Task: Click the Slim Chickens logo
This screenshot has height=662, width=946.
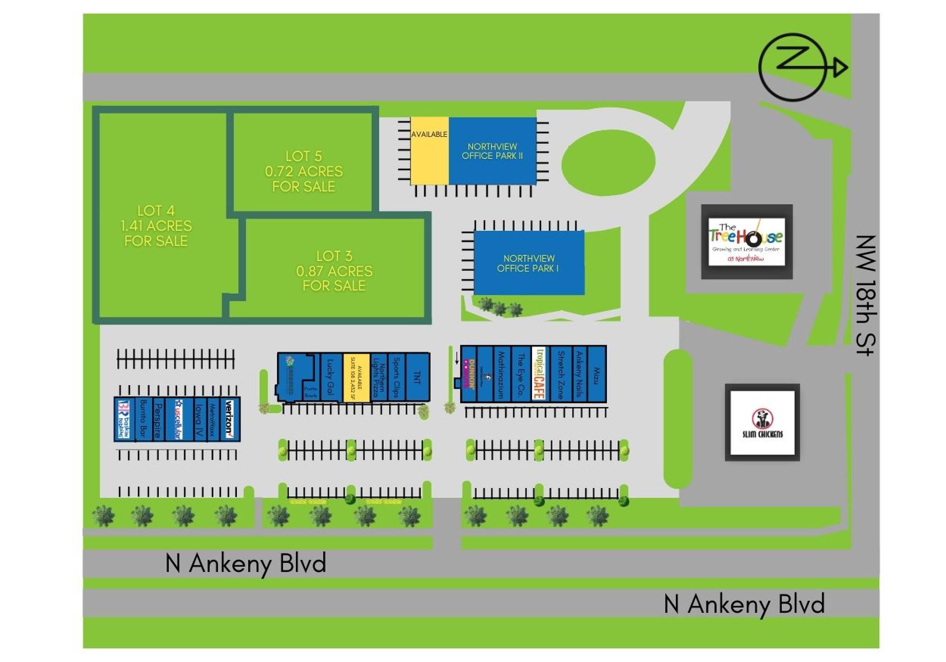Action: point(762,422)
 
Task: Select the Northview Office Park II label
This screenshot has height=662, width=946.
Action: point(492,151)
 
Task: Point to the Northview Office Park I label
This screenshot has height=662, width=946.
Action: point(528,263)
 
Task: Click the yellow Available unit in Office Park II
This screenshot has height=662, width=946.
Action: point(429,151)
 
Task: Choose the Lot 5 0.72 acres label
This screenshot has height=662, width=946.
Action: point(304,171)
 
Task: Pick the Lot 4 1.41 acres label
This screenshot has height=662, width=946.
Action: point(156,226)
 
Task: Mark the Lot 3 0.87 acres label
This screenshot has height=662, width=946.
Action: point(334,271)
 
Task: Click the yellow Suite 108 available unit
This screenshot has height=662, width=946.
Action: point(356,377)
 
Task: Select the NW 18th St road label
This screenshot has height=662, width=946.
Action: point(866,295)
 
